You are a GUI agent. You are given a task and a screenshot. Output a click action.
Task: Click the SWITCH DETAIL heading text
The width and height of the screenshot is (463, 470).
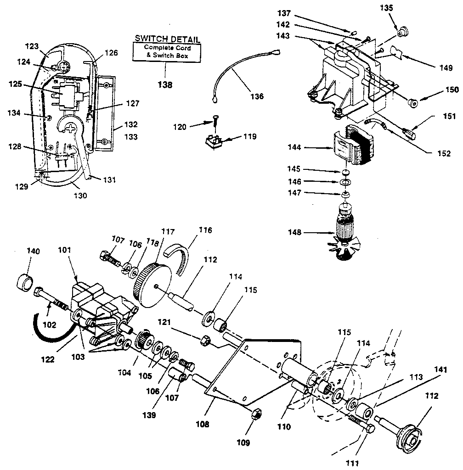point(167,39)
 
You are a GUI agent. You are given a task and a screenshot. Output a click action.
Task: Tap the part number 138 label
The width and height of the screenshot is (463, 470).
point(164,84)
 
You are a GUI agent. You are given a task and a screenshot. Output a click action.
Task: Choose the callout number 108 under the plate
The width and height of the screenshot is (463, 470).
point(202,424)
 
